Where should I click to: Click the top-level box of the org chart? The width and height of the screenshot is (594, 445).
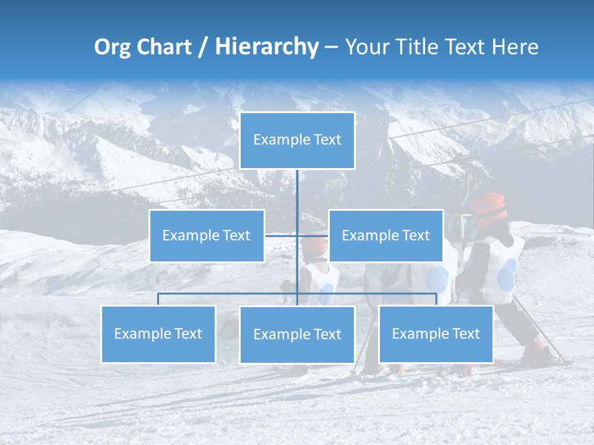click(297, 140)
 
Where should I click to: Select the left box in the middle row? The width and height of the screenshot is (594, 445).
click(207, 235)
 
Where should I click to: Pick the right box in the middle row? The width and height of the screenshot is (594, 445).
click(385, 235)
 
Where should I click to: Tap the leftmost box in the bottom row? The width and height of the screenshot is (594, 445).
click(158, 334)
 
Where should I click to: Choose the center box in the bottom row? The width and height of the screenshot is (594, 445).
click(297, 334)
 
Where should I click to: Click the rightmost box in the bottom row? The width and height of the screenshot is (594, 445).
click(436, 334)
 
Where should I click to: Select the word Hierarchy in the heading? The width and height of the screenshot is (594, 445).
click(267, 48)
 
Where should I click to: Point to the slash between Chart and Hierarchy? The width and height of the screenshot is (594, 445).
click(203, 48)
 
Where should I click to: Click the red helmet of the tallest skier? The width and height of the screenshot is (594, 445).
click(489, 208)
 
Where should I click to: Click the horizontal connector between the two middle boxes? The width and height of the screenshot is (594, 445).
click(297, 235)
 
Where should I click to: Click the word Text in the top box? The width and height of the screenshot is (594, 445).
click(327, 140)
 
